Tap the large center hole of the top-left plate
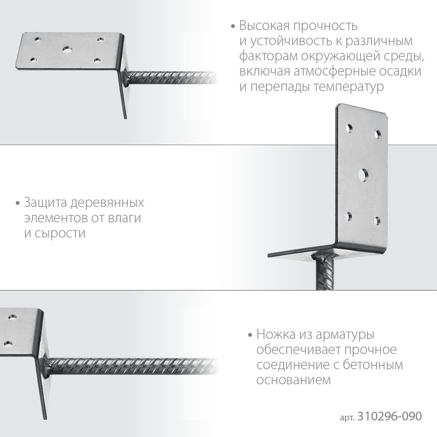(x=67, y=50)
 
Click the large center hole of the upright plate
(x=363, y=174)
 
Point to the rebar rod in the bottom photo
(x=131, y=365)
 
